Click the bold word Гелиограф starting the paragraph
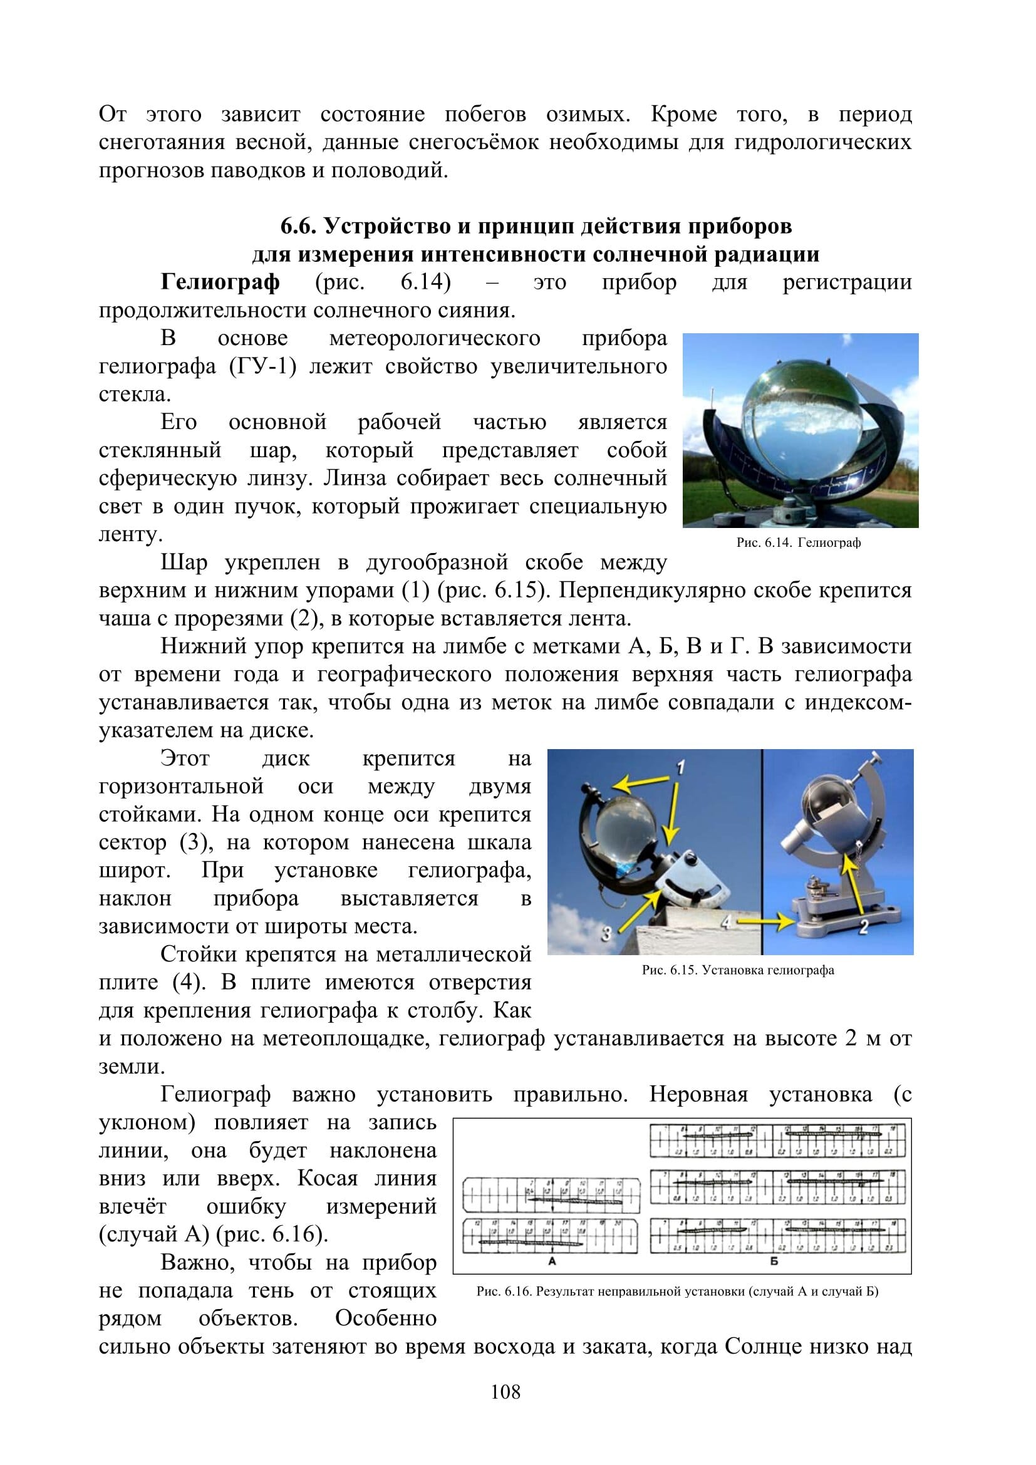[219, 281]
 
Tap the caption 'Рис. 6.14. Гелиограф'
[798, 542]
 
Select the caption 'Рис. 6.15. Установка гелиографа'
[737, 970]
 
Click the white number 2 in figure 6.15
[864, 926]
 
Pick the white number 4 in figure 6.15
[725, 922]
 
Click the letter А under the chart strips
[552, 1261]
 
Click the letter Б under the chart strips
[774, 1261]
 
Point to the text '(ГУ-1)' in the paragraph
[262, 366]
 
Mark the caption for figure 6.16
[677, 1292]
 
